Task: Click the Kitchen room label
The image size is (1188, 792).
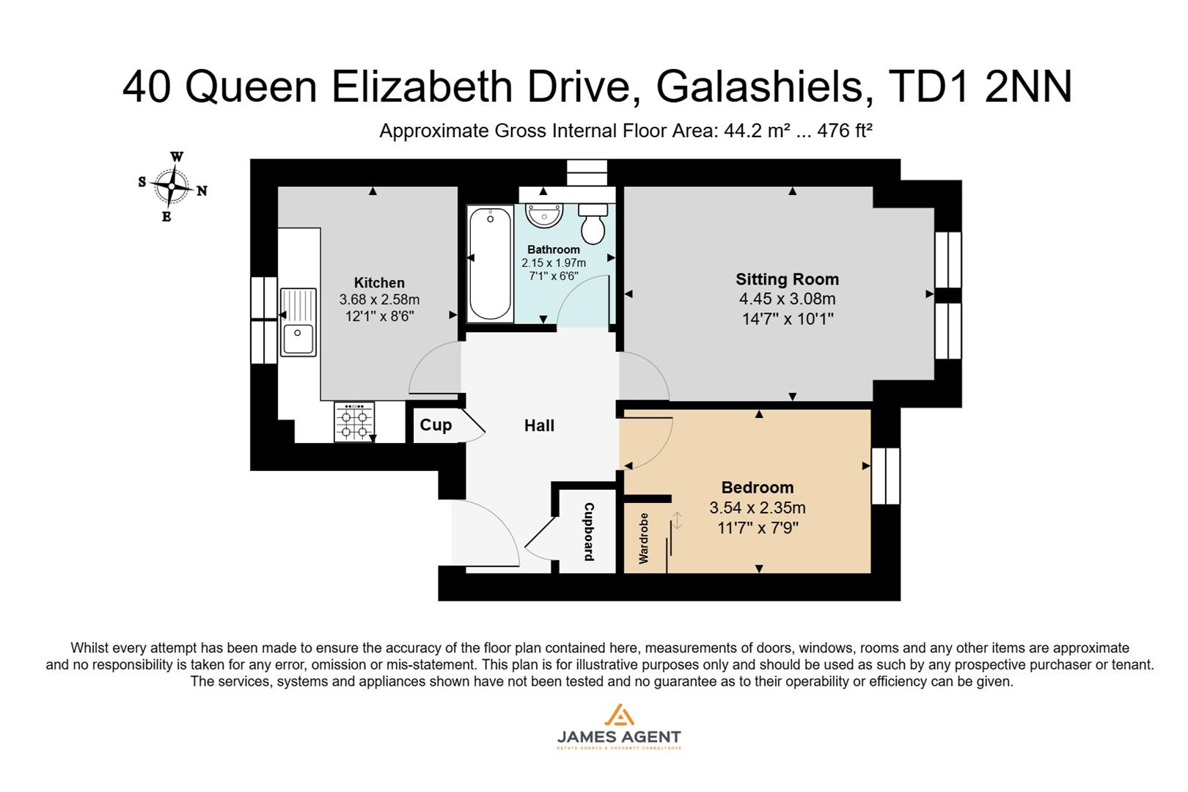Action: pyautogui.click(x=379, y=283)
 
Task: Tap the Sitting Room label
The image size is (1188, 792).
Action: pyautogui.click(x=787, y=279)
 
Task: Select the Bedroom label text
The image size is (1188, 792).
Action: pyautogui.click(x=757, y=488)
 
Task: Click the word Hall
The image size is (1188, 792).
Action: pyautogui.click(x=539, y=426)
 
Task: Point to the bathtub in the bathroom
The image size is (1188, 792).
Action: pyautogui.click(x=491, y=264)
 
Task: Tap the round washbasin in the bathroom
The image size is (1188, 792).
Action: pyautogui.click(x=544, y=215)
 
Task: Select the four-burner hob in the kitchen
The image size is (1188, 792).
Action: pyautogui.click(x=354, y=422)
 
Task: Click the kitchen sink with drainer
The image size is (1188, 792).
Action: pyautogui.click(x=298, y=323)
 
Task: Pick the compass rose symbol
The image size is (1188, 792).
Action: pyautogui.click(x=172, y=187)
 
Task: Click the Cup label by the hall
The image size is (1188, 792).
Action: pyautogui.click(x=436, y=425)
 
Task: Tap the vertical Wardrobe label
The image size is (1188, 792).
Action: pyautogui.click(x=644, y=538)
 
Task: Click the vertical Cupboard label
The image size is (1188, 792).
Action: pyautogui.click(x=588, y=532)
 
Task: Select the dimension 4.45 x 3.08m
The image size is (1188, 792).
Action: pyautogui.click(x=787, y=299)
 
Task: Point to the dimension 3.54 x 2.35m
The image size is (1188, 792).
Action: pyautogui.click(x=757, y=507)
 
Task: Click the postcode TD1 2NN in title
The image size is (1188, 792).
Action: pyautogui.click(x=980, y=87)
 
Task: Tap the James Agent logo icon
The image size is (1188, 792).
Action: pyautogui.click(x=619, y=715)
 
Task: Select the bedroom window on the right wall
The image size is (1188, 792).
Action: pyautogui.click(x=885, y=476)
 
